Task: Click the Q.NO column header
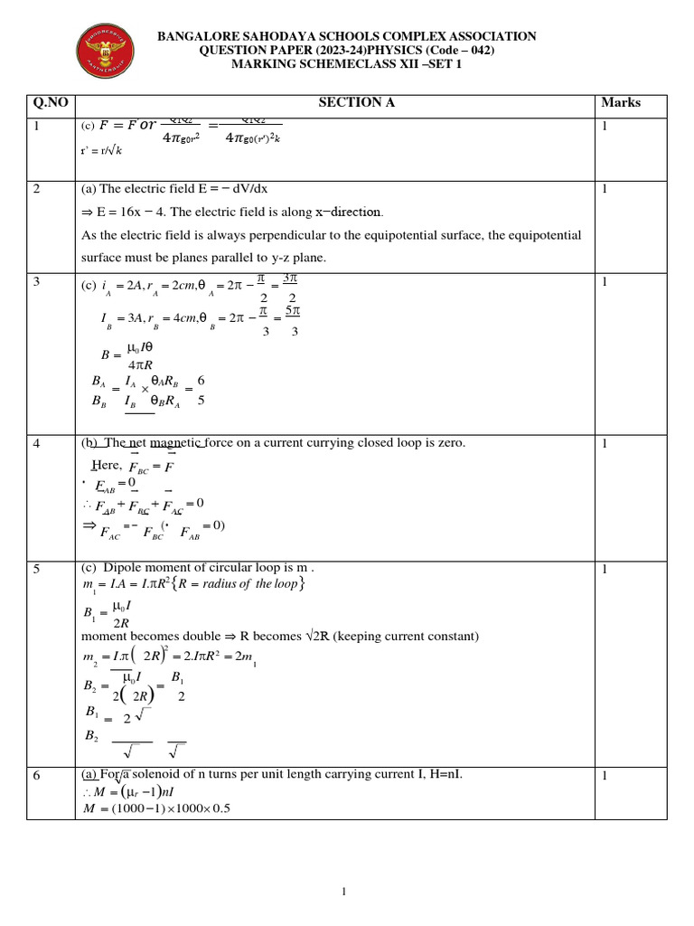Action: coord(51,103)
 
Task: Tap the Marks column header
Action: coord(621,103)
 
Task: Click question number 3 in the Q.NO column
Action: coord(37,282)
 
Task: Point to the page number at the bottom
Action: coord(344,893)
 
